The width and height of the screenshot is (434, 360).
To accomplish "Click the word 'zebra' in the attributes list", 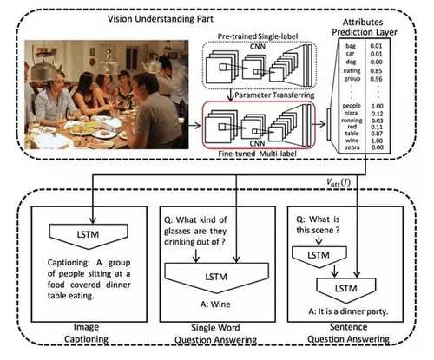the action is (x=352, y=147).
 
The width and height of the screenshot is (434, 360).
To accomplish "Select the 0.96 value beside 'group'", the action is (x=376, y=79).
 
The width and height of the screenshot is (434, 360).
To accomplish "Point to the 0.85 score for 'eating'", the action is (x=376, y=71).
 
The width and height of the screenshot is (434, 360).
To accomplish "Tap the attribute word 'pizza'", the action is (x=351, y=113).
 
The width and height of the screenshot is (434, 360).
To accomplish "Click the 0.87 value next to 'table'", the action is (x=377, y=134).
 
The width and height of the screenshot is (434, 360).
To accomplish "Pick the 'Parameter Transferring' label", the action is (x=274, y=95).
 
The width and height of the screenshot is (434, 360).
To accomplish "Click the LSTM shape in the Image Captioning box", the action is (x=89, y=236).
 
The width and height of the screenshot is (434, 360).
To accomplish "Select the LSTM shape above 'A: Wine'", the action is (x=217, y=278).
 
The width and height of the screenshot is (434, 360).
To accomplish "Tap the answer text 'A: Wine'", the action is (x=215, y=304).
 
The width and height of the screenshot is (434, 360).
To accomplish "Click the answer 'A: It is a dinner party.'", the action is (x=348, y=311).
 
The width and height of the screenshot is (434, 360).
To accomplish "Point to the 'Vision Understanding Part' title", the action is (x=161, y=19).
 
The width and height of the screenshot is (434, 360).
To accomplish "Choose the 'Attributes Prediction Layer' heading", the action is (x=364, y=27).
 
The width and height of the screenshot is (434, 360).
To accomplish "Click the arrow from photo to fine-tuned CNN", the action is (x=194, y=126).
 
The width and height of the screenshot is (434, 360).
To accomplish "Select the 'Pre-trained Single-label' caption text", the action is (x=258, y=36).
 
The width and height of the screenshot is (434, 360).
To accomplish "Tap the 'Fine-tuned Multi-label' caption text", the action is (x=257, y=154).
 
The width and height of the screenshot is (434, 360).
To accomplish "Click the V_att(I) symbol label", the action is (x=339, y=182).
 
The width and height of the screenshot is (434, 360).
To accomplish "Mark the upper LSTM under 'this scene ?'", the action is (x=319, y=256).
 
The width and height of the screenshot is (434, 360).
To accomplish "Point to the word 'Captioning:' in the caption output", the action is (x=69, y=263).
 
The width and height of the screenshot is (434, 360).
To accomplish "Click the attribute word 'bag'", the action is (x=351, y=46).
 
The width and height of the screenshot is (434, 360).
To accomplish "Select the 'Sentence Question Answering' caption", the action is (x=348, y=333).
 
